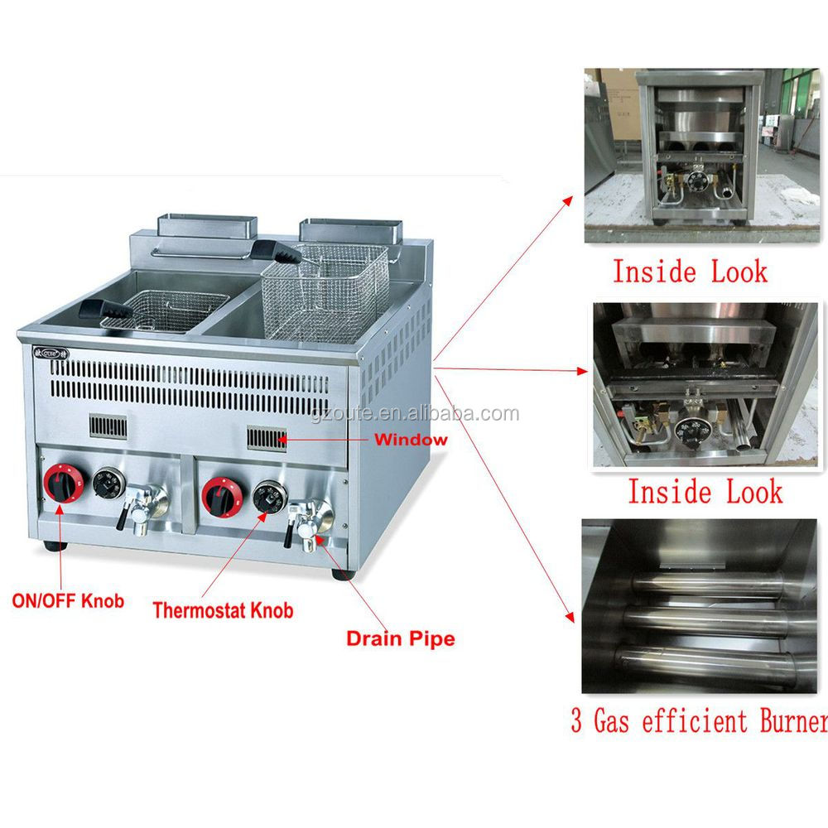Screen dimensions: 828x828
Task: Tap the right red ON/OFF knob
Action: tap(222, 497)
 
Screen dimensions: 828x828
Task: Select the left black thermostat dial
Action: tap(109, 482)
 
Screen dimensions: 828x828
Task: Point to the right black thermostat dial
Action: tap(269, 497)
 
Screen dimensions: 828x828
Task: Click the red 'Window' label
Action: tap(411, 440)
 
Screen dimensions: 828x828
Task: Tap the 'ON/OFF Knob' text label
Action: tap(68, 600)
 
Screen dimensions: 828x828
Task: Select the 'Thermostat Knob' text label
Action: tap(223, 610)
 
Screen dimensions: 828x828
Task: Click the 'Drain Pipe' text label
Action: tap(400, 638)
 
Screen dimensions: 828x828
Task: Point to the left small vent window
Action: tap(108, 426)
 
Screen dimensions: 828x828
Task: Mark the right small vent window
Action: tap(267, 439)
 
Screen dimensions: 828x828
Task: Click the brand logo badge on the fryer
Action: tap(51, 352)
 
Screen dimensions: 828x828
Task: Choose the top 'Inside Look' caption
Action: tap(690, 272)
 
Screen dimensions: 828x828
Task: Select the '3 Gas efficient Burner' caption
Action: tap(699, 720)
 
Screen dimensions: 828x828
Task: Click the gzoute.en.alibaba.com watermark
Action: tap(415, 413)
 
